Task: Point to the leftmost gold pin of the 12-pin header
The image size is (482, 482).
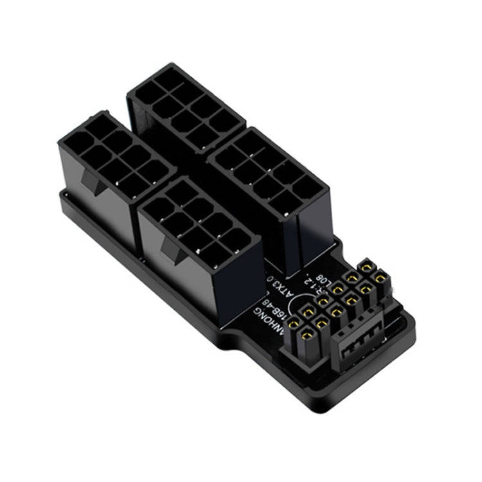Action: click(295, 321)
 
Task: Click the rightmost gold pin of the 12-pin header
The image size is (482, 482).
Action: click(380, 278)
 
